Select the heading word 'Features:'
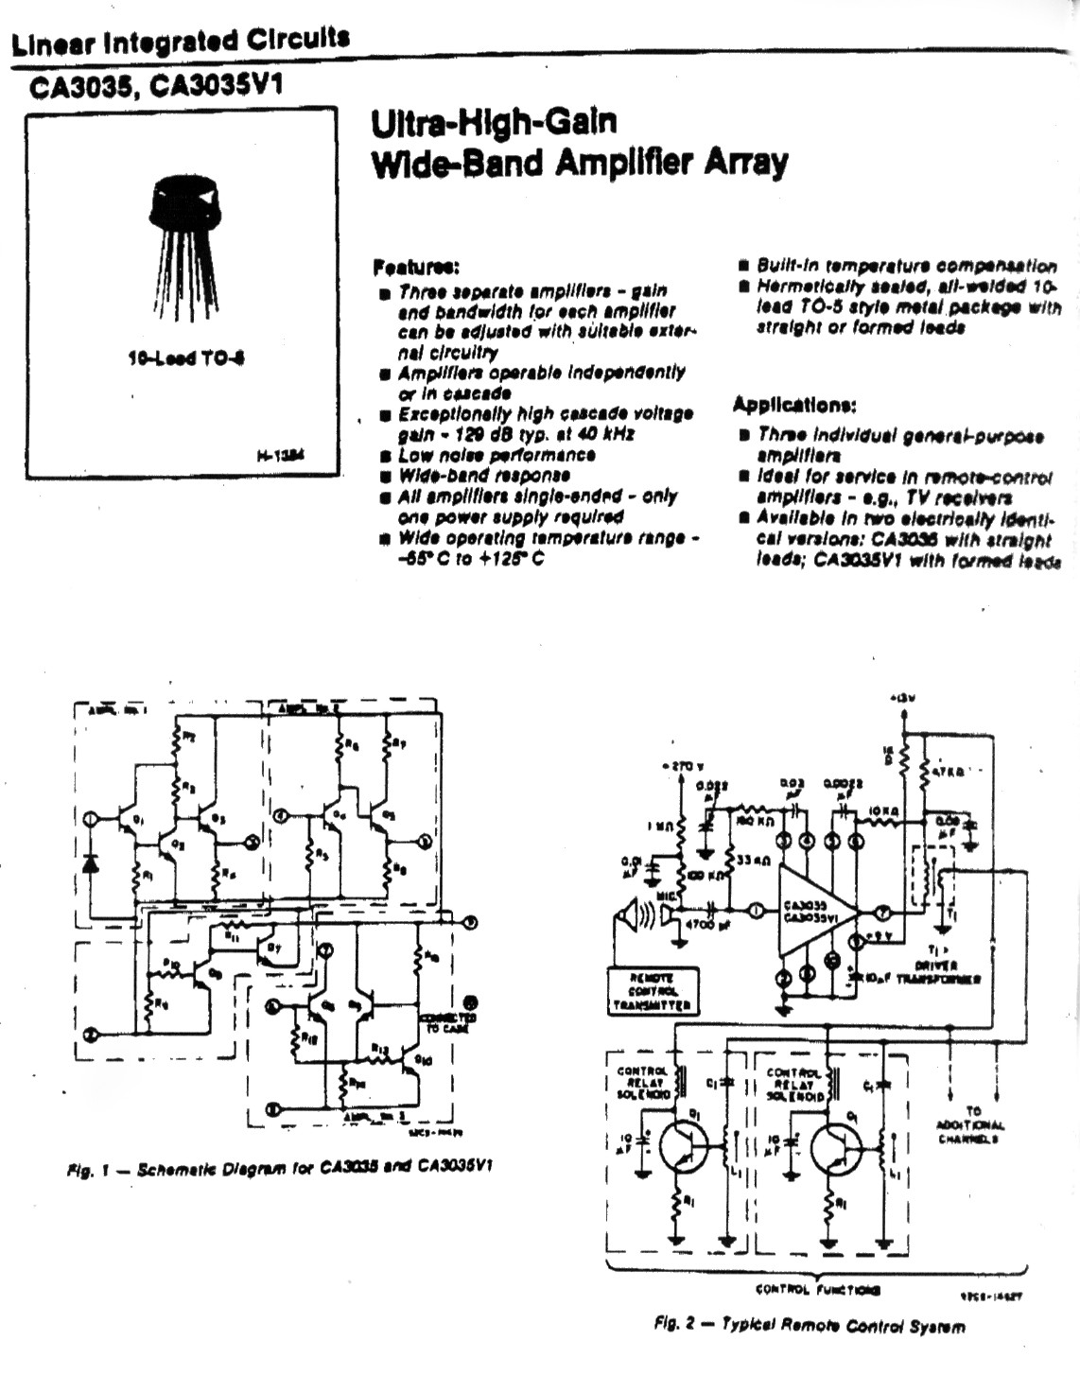pos(416,267)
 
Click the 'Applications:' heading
pos(794,405)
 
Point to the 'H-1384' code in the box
pos(282,456)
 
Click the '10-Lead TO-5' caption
pos(186,358)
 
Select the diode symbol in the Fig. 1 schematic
pos(91,863)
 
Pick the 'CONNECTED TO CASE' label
pos(446,1022)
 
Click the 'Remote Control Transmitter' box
pos(653,991)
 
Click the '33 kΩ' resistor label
pos(753,862)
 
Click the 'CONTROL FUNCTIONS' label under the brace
pos(818,1289)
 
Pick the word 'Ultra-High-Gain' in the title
pos(494,123)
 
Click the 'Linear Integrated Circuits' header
pos(180,42)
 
